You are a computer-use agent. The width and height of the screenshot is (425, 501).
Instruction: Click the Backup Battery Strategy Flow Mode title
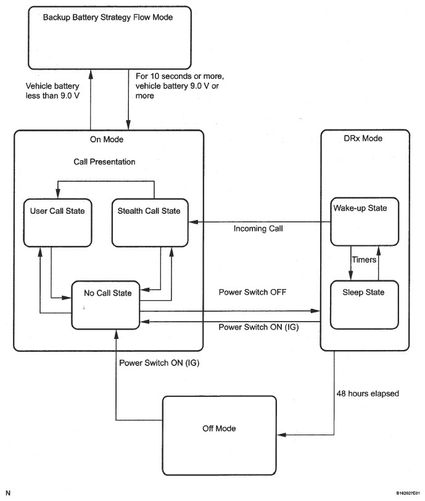tap(108, 17)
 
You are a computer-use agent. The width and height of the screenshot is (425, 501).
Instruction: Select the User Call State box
tap(57, 222)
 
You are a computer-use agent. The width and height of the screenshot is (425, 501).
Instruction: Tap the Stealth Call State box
tap(150, 222)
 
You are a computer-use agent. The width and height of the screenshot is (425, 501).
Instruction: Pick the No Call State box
tap(105, 305)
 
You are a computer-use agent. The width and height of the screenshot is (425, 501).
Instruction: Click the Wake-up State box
tap(365, 221)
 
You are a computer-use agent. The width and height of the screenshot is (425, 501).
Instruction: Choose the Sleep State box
tap(365, 305)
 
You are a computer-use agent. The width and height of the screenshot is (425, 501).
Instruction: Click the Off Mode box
tap(220, 436)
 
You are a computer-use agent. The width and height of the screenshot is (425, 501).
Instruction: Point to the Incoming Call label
tap(258, 229)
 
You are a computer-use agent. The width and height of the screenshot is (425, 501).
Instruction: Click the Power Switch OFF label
tap(252, 292)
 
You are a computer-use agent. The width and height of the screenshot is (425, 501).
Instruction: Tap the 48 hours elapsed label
tap(368, 393)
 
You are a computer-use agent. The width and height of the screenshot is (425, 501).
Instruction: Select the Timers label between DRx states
tap(364, 259)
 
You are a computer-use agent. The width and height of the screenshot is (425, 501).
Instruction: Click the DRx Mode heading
tap(363, 139)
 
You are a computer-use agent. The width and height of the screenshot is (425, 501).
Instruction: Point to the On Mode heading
tap(107, 139)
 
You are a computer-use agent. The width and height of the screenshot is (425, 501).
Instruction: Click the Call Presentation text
tap(104, 161)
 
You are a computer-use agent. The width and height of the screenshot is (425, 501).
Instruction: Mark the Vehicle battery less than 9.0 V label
tap(52, 91)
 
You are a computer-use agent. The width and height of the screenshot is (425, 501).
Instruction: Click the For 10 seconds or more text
tap(179, 76)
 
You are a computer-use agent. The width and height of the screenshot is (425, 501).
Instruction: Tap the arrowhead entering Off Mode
tap(281, 435)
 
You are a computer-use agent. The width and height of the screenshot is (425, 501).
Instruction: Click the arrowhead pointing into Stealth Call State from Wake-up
tap(193, 222)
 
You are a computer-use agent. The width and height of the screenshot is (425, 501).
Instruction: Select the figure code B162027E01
tap(408, 494)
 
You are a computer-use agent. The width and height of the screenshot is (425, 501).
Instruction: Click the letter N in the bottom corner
tap(8, 493)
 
